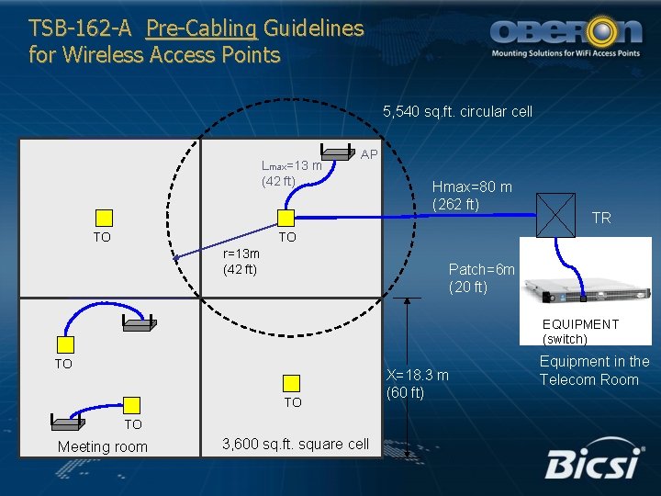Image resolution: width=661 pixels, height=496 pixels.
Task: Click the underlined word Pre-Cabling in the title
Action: [x=202, y=28]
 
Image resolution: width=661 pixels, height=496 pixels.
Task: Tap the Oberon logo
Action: [x=566, y=36]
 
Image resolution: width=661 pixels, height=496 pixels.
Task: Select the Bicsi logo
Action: [x=592, y=463]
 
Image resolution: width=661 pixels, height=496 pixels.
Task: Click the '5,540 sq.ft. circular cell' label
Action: [x=457, y=112]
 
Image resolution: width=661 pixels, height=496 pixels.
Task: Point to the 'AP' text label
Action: [x=369, y=154]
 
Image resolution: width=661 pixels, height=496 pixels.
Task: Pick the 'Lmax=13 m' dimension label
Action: [x=291, y=166]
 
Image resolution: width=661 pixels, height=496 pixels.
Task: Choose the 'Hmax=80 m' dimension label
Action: [x=472, y=187]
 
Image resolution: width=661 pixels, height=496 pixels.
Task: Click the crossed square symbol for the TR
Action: [x=555, y=216]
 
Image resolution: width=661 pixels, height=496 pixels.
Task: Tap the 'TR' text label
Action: [x=601, y=219]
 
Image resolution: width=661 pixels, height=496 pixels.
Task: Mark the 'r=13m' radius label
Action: [x=241, y=254]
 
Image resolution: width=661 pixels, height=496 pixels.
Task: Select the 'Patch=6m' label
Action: [x=481, y=269]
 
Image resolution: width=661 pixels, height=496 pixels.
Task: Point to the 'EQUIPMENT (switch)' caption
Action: [x=580, y=332]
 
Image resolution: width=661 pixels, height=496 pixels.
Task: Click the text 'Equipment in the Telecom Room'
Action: [x=594, y=370]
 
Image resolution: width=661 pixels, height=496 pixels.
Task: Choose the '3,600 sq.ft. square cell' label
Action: [x=296, y=445]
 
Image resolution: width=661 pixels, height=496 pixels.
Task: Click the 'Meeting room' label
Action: [x=102, y=447]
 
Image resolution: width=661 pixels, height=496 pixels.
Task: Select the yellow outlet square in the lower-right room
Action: [x=292, y=384]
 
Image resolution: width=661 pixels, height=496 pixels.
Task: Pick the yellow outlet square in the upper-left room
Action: [x=104, y=218]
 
